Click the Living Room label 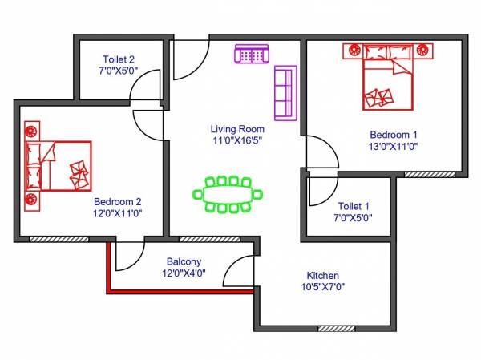click(x=237, y=128)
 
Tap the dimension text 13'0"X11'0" click(x=394, y=146)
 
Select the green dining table click(x=228, y=194)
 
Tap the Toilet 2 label click(x=118, y=59)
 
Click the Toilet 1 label click(x=354, y=205)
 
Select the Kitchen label click(x=322, y=274)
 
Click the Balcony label click(x=184, y=261)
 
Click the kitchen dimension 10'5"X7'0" click(x=322, y=286)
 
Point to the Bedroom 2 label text click(x=118, y=201)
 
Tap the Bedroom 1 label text click(x=394, y=134)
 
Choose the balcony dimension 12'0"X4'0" click(x=184, y=273)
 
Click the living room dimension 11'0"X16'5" click(x=237, y=140)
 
